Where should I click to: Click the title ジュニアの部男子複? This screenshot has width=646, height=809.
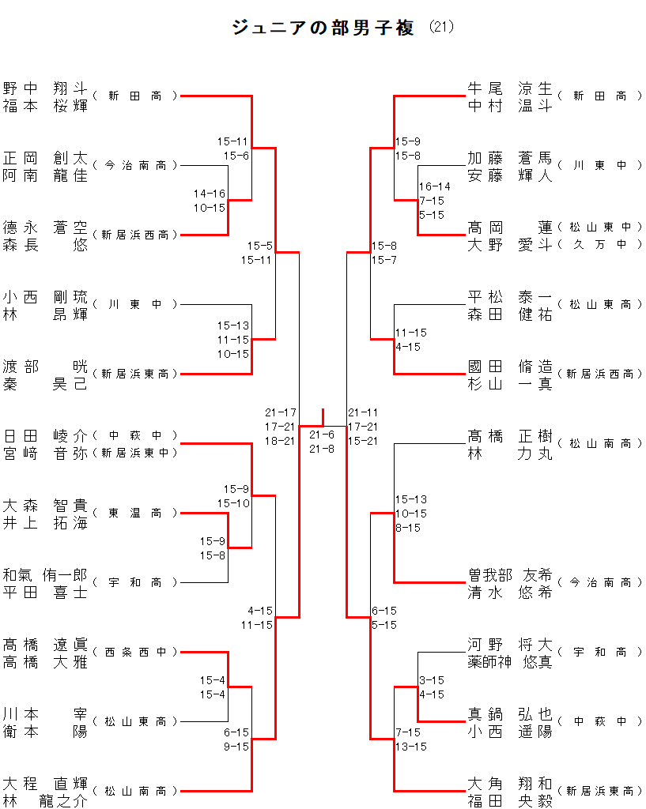(x=323, y=28)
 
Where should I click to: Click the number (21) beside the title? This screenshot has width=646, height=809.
(x=441, y=27)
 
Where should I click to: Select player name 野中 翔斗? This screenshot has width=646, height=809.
(x=45, y=88)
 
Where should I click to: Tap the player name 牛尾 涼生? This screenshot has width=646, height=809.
(x=510, y=88)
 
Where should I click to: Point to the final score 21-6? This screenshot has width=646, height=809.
(x=322, y=435)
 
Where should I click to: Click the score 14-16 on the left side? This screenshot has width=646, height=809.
(x=210, y=194)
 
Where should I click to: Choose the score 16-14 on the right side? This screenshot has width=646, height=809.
(x=435, y=186)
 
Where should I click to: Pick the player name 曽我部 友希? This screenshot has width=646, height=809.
(x=510, y=574)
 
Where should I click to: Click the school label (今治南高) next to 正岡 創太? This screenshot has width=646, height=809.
(x=135, y=165)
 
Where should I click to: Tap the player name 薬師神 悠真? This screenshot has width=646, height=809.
(x=510, y=661)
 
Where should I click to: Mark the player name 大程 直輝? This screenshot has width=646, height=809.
(x=45, y=783)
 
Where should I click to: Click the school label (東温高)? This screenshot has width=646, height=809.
(x=135, y=513)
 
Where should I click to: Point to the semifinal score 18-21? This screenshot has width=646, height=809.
(x=281, y=441)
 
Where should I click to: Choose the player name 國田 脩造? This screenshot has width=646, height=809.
(x=510, y=366)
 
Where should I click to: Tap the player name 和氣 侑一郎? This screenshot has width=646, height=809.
(x=45, y=574)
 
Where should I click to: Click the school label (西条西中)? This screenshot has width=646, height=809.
(x=135, y=652)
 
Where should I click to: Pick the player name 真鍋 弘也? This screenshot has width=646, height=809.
(x=510, y=713)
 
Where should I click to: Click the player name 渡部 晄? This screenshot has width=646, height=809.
(x=45, y=366)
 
